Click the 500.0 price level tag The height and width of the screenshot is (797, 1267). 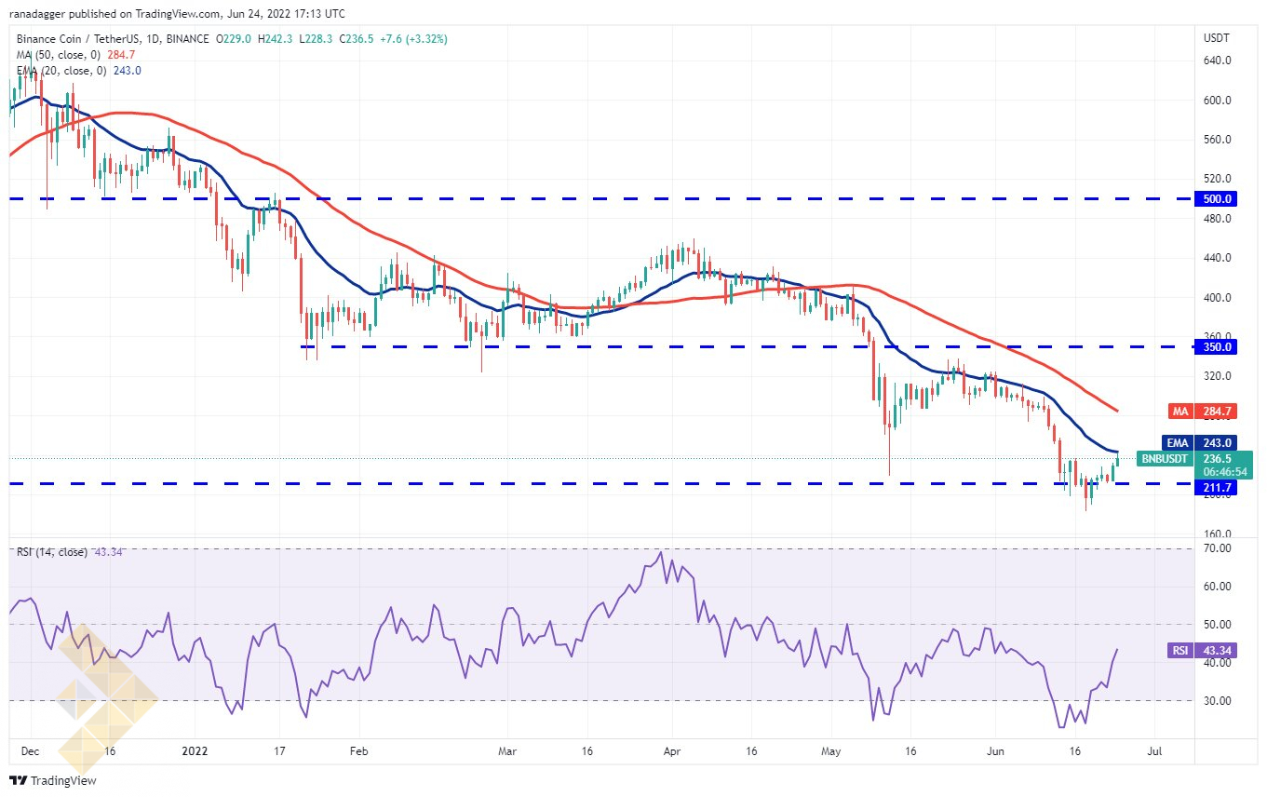click(1216, 199)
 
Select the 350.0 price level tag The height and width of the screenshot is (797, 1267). click(1216, 346)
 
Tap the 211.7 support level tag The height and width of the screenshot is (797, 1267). click(1216, 487)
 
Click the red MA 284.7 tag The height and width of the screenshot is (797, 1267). click(1203, 412)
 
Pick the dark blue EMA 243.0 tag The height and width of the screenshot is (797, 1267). click(1199, 443)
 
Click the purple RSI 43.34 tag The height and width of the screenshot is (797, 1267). click(1203, 651)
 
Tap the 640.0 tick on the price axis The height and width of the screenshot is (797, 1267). click(1217, 61)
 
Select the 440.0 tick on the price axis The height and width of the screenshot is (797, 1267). click(1217, 258)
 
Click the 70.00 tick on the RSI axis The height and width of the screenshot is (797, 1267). click(1218, 548)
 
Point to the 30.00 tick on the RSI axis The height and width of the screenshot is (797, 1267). click(1218, 701)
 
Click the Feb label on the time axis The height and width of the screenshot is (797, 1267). click(358, 751)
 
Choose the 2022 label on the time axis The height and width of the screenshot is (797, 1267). click(195, 751)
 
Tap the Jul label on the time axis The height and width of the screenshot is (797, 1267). click(1154, 751)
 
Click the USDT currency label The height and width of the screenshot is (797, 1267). click(1216, 38)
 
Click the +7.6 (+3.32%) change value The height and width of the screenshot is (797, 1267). click(413, 39)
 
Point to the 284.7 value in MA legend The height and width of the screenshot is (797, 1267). click(121, 55)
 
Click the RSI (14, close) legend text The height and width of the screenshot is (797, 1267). click(52, 552)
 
